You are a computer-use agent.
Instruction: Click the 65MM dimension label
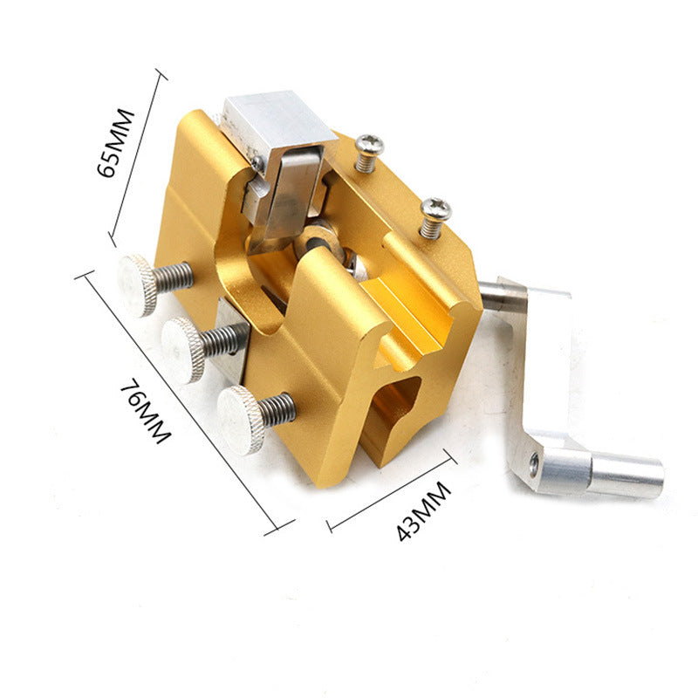(115, 142)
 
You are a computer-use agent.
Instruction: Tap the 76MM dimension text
(146, 410)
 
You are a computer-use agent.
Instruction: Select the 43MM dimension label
(423, 511)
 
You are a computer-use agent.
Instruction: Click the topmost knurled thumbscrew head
(137, 285)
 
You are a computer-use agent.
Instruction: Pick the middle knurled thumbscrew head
(182, 350)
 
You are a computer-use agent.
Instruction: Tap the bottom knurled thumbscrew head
(239, 420)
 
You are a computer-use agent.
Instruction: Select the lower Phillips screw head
(435, 209)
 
